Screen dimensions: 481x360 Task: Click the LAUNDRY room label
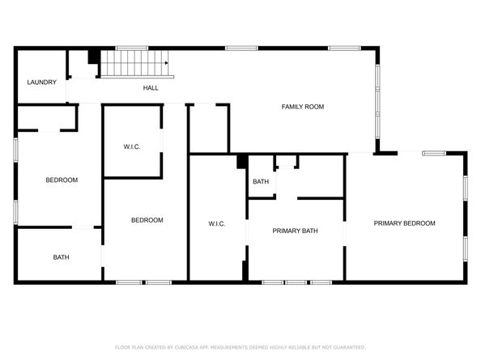(x=42, y=82)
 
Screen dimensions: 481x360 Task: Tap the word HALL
(x=151, y=88)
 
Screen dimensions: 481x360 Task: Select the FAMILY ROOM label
(x=303, y=107)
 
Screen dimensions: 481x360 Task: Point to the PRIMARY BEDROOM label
(x=404, y=223)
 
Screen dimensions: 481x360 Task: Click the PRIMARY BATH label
(x=295, y=231)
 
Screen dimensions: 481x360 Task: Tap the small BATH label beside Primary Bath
(x=261, y=182)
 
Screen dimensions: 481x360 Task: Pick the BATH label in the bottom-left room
(x=61, y=257)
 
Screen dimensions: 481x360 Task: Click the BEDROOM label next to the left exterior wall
(x=62, y=180)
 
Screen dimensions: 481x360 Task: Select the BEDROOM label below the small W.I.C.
(x=147, y=220)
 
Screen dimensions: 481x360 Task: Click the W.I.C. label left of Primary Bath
(x=217, y=224)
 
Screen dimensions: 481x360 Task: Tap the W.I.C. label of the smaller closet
(x=132, y=146)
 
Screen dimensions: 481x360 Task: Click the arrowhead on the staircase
(x=167, y=63)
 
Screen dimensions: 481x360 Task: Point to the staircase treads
(x=134, y=63)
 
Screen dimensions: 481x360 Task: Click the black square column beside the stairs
(x=94, y=57)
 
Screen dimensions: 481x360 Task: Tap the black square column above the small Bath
(x=242, y=162)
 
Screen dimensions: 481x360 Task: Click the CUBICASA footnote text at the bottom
(x=240, y=347)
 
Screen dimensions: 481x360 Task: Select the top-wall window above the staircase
(x=132, y=48)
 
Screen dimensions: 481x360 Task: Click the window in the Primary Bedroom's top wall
(x=434, y=153)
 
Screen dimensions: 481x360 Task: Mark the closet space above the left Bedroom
(x=47, y=118)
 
